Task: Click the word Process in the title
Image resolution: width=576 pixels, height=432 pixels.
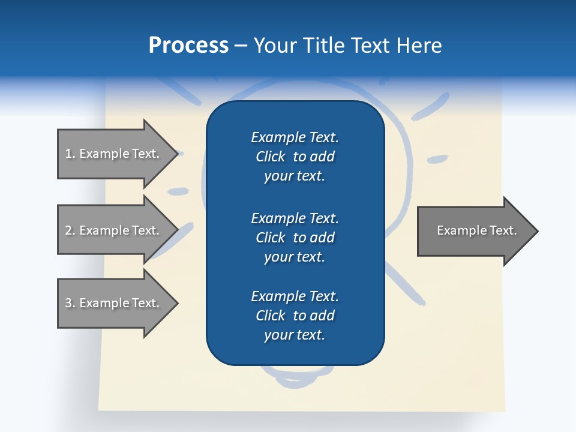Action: click(188, 46)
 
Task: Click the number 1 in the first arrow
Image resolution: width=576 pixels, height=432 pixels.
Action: click(68, 154)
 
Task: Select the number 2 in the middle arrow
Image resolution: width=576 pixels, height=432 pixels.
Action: click(68, 230)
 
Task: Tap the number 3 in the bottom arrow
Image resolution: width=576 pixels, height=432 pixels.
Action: click(68, 303)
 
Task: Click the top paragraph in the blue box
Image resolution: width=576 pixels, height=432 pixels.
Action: click(295, 157)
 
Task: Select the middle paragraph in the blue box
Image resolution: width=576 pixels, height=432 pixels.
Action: click(295, 238)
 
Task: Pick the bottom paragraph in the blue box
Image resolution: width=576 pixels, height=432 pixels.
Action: click(295, 316)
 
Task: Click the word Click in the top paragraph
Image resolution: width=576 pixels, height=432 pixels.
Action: click(270, 157)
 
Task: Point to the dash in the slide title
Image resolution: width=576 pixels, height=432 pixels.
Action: click(240, 46)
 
